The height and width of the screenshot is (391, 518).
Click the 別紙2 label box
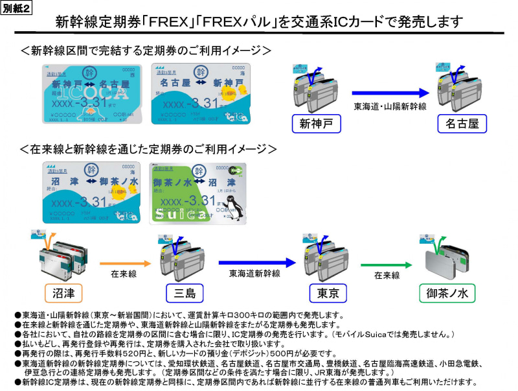coord(17,7)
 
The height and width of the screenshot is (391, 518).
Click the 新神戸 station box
coord(314,124)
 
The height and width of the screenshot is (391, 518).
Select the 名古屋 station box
coord(462,124)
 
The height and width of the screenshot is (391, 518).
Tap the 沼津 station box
coord(65,292)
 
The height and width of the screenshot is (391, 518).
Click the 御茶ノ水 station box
coord(447,293)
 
